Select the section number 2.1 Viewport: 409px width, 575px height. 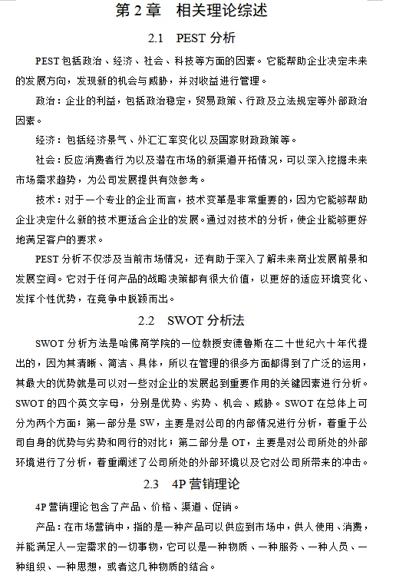[157, 38]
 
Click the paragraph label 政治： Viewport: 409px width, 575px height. [48, 100]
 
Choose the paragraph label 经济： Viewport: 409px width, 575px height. [48, 140]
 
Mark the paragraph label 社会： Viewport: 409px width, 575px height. [48, 160]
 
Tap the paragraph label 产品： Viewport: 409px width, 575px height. [48, 527]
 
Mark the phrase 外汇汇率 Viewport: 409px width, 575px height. [157, 140]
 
